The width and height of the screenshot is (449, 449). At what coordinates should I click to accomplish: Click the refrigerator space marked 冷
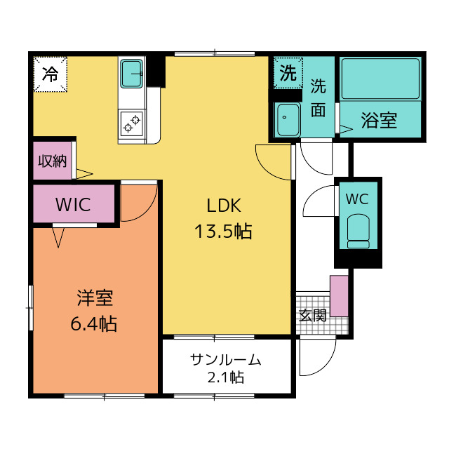click(51, 74)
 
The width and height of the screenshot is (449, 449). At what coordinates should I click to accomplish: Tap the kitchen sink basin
click(132, 74)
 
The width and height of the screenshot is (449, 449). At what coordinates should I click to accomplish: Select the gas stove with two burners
click(132, 123)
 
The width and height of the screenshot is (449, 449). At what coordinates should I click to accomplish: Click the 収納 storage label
click(53, 161)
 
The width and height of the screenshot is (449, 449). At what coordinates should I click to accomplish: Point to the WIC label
click(73, 204)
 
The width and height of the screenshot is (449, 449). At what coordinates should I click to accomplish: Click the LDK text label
click(224, 206)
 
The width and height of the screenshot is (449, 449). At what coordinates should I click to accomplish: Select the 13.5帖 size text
click(223, 232)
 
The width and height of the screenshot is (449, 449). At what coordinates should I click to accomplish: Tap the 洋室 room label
click(95, 297)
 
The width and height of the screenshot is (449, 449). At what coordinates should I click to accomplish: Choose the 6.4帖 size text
click(93, 324)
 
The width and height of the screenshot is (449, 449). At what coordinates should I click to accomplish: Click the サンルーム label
click(226, 360)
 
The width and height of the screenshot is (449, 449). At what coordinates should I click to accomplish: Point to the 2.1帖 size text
click(226, 377)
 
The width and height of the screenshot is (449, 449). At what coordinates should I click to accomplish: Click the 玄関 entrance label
click(313, 315)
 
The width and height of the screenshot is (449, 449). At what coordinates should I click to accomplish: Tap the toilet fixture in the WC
click(358, 232)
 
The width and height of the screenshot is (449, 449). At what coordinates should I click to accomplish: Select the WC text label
click(357, 199)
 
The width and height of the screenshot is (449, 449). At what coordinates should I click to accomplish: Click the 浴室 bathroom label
click(379, 120)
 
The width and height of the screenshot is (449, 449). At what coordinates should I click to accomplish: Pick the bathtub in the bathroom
click(380, 79)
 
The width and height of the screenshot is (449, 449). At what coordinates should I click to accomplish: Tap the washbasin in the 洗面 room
click(287, 120)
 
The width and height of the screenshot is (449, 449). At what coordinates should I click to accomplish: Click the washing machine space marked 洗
click(288, 73)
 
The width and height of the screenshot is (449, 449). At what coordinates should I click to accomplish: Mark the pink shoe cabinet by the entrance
click(340, 296)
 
